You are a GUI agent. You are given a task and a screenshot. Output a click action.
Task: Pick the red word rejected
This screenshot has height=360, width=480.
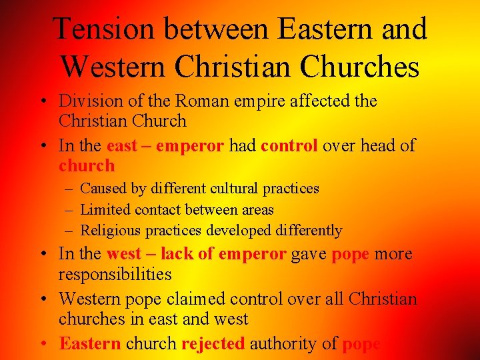tap(213, 343)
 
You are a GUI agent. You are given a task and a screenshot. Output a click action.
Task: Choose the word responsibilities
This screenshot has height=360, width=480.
tap(115, 274)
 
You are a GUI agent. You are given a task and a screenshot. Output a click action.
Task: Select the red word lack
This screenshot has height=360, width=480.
tap(176, 254)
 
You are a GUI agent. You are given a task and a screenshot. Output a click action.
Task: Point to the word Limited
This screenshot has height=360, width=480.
tap(105, 209)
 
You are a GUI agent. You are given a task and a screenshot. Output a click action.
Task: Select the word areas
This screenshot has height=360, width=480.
tap(257, 209)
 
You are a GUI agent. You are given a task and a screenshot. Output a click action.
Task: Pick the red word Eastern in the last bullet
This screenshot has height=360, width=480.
tap(90, 343)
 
